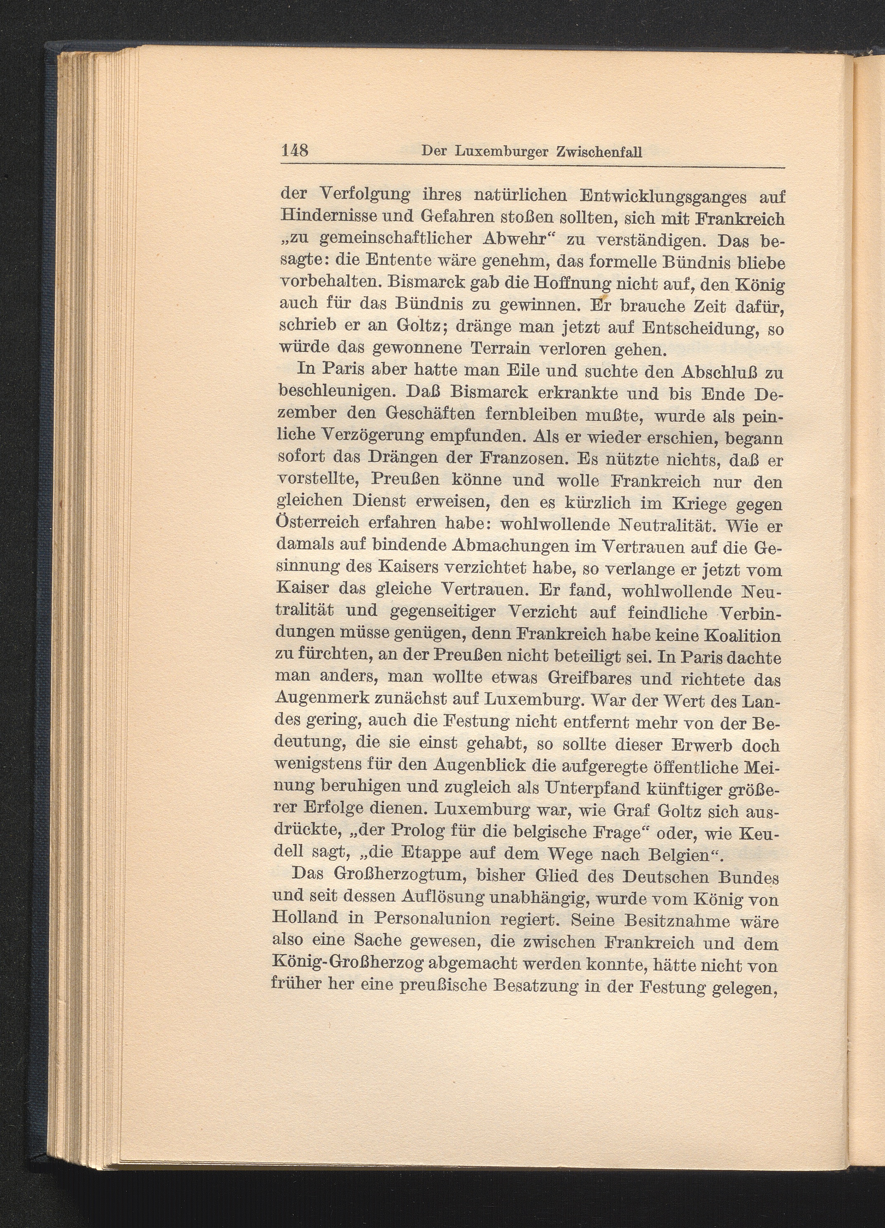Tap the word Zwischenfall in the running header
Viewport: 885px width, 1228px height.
click(x=599, y=153)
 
